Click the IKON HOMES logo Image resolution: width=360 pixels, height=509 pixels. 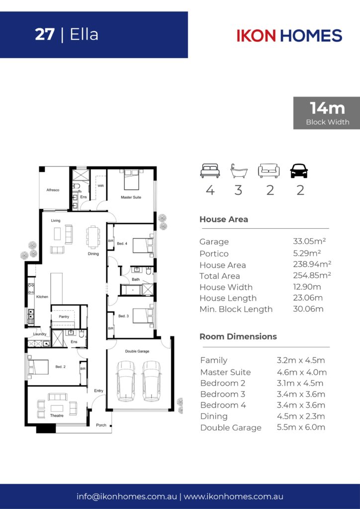(289, 35)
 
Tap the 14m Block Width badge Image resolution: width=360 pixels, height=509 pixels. (327, 113)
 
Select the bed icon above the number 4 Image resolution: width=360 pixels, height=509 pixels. (210, 171)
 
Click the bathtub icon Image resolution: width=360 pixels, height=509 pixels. (239, 171)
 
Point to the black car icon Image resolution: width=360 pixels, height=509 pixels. (299, 171)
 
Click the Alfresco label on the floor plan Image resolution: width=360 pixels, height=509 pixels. (53, 190)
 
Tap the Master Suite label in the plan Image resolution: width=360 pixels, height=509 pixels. (131, 197)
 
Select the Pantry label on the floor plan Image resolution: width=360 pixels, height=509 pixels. (64, 317)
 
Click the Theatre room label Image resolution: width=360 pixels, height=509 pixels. (57, 416)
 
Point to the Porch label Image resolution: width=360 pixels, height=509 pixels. (101, 425)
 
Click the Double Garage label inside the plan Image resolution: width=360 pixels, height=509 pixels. (137, 351)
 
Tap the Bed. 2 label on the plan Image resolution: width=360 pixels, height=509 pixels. (60, 367)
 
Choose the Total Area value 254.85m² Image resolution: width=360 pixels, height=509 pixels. (312, 275)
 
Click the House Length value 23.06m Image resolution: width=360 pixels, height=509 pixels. (308, 298)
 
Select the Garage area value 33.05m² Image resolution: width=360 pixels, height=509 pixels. (309, 241)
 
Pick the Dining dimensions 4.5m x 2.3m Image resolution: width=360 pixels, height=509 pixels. (301, 416)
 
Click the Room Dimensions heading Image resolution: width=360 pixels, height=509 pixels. (238, 337)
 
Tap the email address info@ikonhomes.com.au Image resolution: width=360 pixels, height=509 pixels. (127, 497)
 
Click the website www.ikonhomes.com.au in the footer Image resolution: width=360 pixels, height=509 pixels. (233, 497)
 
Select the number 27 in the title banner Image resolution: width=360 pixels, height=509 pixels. (44, 35)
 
